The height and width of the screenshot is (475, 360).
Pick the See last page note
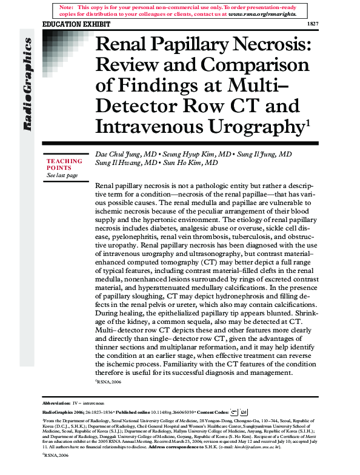pyautogui.click(x=62, y=175)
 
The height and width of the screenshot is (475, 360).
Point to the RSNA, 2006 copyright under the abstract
pyautogui.click(x=110, y=383)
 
